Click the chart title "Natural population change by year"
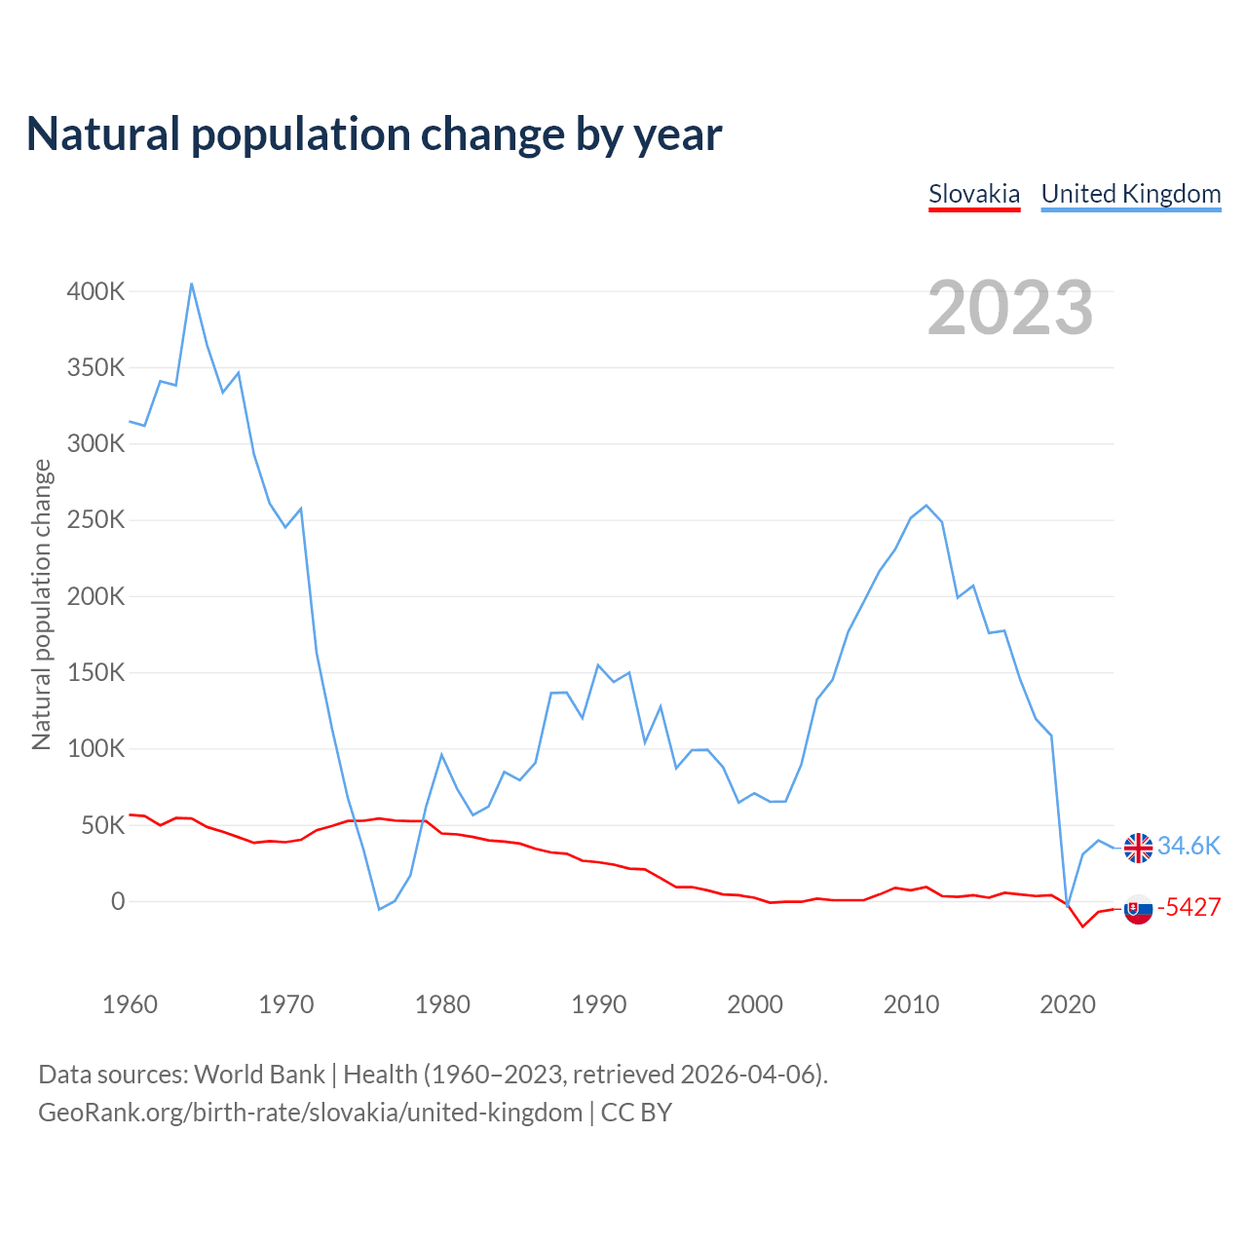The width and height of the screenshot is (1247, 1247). pyautogui.click(x=374, y=134)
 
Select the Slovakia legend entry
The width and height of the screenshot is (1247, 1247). pyautogui.click(x=974, y=194)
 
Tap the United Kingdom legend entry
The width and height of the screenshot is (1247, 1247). pyautogui.click(x=1131, y=194)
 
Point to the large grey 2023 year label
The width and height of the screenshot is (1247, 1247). pyautogui.click(x=1010, y=308)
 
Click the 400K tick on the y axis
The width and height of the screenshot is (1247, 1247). pyautogui.click(x=95, y=291)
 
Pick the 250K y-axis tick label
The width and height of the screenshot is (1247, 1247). pyautogui.click(x=95, y=520)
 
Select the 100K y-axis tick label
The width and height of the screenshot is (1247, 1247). pyautogui.click(x=95, y=749)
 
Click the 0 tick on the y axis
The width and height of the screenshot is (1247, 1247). pyautogui.click(x=118, y=902)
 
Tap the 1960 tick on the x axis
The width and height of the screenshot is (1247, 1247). pyautogui.click(x=130, y=1004)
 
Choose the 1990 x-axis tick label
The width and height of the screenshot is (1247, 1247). pyautogui.click(x=598, y=1004)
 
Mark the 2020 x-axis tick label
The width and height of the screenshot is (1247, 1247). pyautogui.click(x=1068, y=1004)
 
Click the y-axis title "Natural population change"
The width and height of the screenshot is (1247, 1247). pyautogui.click(x=41, y=605)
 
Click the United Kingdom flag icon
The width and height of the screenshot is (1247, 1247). pyautogui.click(x=1138, y=848)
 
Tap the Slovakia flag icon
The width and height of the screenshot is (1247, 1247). pyautogui.click(x=1138, y=909)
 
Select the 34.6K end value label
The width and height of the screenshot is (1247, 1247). pyautogui.click(x=1189, y=846)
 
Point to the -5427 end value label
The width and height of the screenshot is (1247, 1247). pyautogui.click(x=1189, y=907)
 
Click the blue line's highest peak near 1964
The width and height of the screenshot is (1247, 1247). pyautogui.click(x=191, y=283)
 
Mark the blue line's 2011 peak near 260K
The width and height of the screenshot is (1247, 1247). pyautogui.click(x=926, y=506)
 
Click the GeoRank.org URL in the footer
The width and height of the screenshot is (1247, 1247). pyautogui.click(x=310, y=1113)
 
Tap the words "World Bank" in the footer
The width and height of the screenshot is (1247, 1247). pyautogui.click(x=259, y=1075)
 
